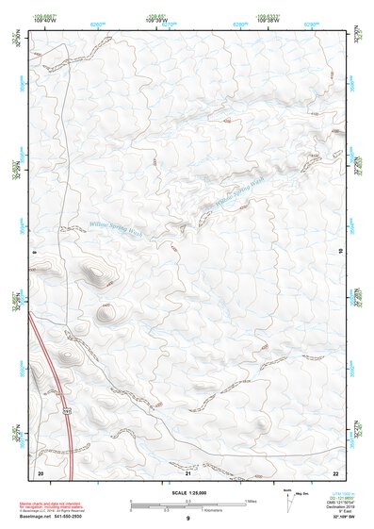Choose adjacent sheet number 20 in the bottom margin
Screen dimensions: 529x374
(40, 471)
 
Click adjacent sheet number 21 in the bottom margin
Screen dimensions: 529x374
(187, 471)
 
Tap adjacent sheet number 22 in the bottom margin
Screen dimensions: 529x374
(335, 471)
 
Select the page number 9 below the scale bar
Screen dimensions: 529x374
(187, 520)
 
